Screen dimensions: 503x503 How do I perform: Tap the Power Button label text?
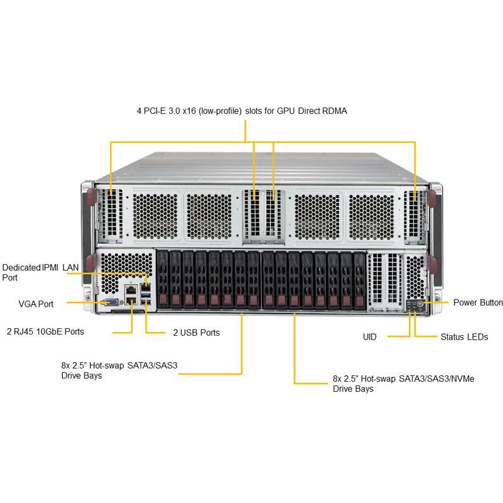478,302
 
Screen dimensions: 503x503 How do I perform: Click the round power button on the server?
419,303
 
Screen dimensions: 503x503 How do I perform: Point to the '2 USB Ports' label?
196,332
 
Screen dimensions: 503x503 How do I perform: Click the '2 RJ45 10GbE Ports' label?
45,331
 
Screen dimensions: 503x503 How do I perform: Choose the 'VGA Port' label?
36,304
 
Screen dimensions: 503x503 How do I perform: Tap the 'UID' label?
370,337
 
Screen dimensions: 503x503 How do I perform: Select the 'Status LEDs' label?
464,337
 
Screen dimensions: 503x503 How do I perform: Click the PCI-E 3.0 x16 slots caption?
242,111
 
